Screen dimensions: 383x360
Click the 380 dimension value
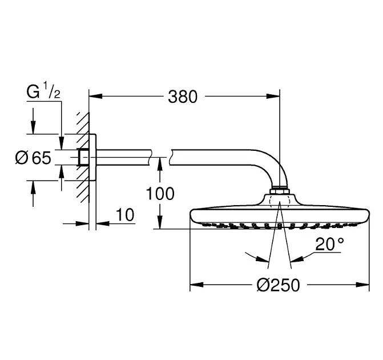[183, 97]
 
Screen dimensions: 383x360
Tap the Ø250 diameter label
[278, 285]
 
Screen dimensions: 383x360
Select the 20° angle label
[329, 244]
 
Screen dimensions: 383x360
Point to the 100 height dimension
[160, 194]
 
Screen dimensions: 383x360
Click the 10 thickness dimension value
[125, 215]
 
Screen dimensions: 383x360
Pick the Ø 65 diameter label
[33, 158]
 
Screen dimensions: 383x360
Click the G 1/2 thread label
[43, 91]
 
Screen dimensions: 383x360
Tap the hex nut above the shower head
[280, 191]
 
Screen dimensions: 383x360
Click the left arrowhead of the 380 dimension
[95, 97]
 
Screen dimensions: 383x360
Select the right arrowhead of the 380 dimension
[273, 97]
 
